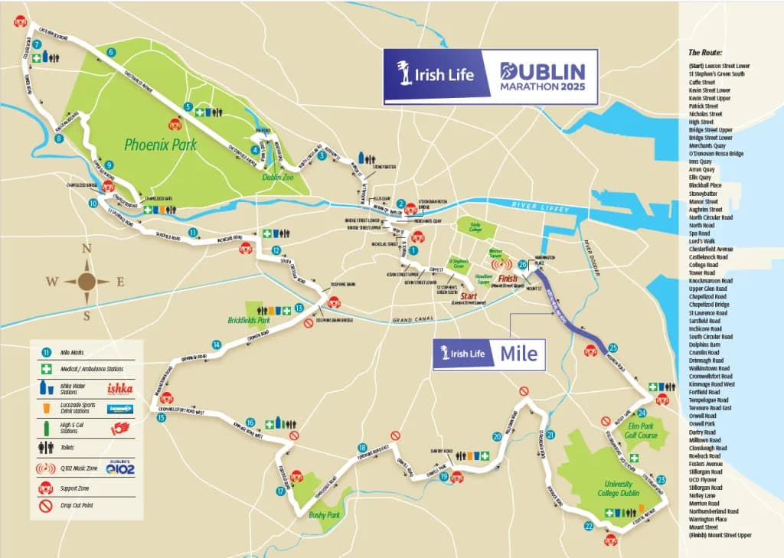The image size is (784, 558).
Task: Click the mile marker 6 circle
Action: click(112, 53)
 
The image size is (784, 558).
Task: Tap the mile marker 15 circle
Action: click(161, 417)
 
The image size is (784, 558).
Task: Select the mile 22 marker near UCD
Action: click(589, 526)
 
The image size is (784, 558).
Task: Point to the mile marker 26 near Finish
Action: click(523, 264)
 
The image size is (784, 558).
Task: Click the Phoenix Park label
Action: click(161, 144)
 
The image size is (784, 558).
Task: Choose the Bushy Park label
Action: click(324, 515)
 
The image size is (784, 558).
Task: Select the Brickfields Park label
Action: click(249, 321)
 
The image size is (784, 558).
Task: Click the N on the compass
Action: click(87, 247)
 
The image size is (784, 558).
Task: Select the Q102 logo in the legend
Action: click(121, 468)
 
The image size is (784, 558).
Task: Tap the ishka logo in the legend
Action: click(119, 389)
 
